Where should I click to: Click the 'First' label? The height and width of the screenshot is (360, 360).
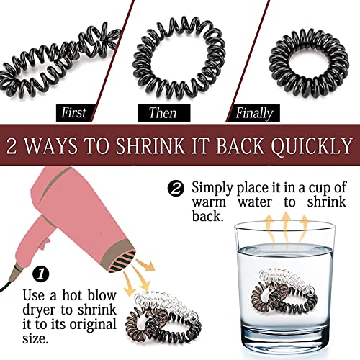click(73, 112)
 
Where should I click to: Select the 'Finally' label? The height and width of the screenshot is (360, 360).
click(253, 113)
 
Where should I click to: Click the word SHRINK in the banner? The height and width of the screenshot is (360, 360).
click(150, 145)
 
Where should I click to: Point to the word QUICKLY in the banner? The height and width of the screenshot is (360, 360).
click(312, 145)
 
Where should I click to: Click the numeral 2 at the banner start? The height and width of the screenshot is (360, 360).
click(12, 146)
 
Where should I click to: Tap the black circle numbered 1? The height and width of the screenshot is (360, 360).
click(41, 274)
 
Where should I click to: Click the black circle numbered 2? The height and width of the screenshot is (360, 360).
click(176, 189)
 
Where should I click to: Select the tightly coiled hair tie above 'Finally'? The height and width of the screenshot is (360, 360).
click(309, 63)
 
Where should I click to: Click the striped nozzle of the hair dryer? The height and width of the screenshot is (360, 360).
click(123, 261)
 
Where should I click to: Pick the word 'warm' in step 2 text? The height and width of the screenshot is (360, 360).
click(209, 202)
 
